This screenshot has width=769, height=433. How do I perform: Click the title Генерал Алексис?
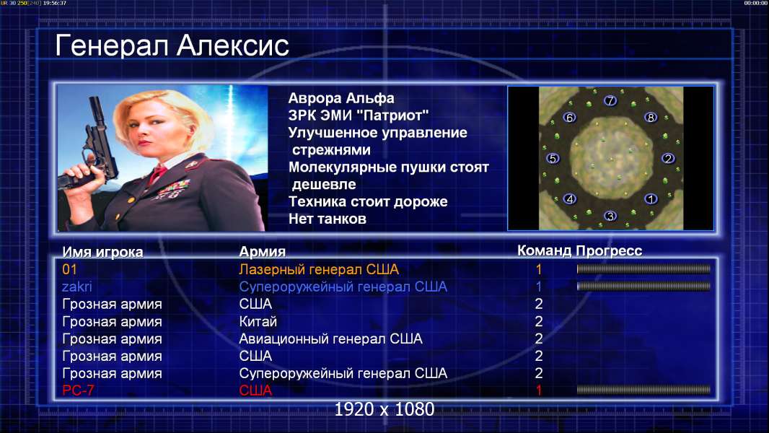pyautogui.click(x=172, y=45)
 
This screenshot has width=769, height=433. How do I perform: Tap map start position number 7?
pyautogui.click(x=610, y=100)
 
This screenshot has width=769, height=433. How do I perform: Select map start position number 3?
pyautogui.click(x=610, y=216)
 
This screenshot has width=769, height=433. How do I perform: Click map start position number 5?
pyautogui.click(x=553, y=158)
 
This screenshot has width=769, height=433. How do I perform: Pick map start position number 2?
pyautogui.click(x=667, y=158)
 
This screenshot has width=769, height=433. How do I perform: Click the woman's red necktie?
pyautogui.click(x=157, y=174)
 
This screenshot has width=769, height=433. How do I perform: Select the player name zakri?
pyautogui.click(x=76, y=287)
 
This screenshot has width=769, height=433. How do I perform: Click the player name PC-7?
pyautogui.click(x=78, y=390)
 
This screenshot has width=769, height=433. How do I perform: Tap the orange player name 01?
pyautogui.click(x=69, y=269)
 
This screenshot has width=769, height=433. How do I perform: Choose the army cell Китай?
pyautogui.click(x=258, y=322)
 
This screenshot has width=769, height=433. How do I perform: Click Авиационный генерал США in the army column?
pyautogui.click(x=330, y=339)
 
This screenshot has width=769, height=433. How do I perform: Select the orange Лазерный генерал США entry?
pyautogui.click(x=319, y=269)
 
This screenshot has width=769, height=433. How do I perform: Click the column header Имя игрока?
pyautogui.click(x=102, y=252)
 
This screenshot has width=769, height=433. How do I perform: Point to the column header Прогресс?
pyautogui.click(x=609, y=251)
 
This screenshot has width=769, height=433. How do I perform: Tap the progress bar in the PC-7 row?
pyautogui.click(x=643, y=390)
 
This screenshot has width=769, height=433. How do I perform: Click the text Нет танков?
pyautogui.click(x=327, y=219)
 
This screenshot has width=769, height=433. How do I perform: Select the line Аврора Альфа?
pyautogui.click(x=340, y=98)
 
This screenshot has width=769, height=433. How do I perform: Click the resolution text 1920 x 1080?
pyautogui.click(x=384, y=409)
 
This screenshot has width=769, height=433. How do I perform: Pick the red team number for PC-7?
pyautogui.click(x=538, y=390)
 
